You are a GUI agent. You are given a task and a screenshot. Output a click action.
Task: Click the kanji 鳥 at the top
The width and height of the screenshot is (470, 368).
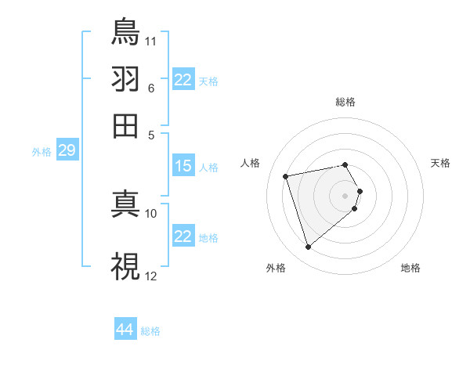125,31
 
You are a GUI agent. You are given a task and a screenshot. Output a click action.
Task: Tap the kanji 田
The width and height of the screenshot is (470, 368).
125,125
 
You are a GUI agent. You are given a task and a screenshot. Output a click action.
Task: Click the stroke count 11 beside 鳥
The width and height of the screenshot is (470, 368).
151,40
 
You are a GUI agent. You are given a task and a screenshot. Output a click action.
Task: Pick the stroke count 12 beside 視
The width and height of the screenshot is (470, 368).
151,276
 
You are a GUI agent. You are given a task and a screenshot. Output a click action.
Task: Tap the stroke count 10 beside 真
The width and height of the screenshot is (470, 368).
151,213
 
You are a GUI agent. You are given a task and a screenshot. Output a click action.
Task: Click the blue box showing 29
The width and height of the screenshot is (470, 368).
67,150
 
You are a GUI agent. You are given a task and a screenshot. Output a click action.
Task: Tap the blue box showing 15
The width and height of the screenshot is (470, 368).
183,166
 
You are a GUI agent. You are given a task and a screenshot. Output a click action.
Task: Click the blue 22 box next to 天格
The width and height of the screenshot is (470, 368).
183,80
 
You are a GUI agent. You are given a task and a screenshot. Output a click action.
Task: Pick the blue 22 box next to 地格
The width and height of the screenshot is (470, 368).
183,236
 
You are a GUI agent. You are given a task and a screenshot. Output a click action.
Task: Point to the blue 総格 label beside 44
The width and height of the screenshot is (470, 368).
150,331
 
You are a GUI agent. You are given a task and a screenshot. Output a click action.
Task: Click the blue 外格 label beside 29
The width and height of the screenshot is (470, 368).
41,152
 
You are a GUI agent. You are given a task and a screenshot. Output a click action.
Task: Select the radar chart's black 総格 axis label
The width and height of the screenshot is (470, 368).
345,102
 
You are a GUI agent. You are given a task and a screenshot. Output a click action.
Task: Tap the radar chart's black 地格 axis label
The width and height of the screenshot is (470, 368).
410,268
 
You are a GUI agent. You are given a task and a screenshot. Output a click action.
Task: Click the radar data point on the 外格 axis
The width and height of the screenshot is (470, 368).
308,247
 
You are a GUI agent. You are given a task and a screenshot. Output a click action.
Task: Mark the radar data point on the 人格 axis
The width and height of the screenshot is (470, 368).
286,175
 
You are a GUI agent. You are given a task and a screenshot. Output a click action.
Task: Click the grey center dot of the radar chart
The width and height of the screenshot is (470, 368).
345,195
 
